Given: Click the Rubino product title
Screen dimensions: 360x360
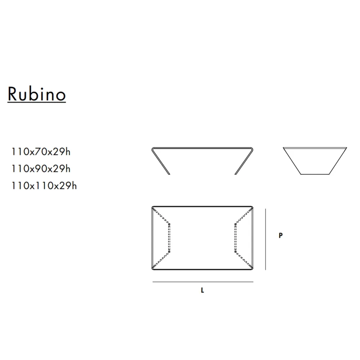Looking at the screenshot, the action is click(x=37, y=94).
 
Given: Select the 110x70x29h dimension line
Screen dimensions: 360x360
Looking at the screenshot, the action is click(x=41, y=152).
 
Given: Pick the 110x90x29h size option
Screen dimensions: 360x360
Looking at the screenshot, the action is click(x=41, y=169).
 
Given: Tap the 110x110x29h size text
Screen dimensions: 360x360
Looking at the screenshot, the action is click(x=44, y=186).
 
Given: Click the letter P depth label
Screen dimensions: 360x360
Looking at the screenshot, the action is click(x=280, y=235).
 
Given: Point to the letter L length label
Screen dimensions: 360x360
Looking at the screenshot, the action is click(x=202, y=290).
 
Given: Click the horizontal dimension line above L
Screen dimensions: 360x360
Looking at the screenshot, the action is click(x=203, y=282).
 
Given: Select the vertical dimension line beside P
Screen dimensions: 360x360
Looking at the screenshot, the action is click(x=266, y=239).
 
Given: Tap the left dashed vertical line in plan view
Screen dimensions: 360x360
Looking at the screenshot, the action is click(x=170, y=238).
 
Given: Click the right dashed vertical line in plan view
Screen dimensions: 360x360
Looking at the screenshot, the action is click(x=235, y=238).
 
